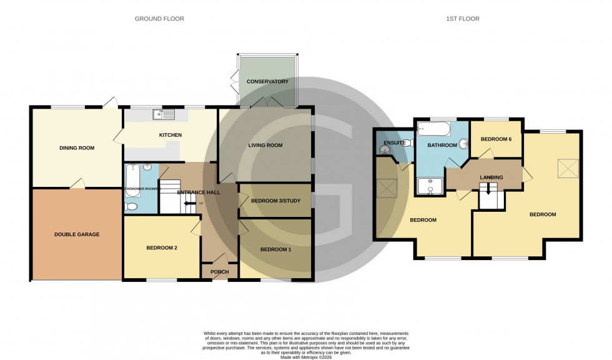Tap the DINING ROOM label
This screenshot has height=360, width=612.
pos(77,148)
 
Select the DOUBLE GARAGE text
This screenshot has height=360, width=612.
pos(77,234)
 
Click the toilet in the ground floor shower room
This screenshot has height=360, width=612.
pos(132,206)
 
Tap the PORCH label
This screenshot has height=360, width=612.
pos(219,272)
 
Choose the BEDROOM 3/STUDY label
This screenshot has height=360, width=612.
pos(276,201)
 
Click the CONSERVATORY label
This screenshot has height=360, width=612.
pos(267,82)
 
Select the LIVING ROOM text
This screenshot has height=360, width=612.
pos(265,146)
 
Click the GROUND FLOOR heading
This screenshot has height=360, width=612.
pos(159,19)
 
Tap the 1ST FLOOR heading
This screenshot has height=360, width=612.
pos(463,19)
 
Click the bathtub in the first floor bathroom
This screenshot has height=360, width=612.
pos(433,130)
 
